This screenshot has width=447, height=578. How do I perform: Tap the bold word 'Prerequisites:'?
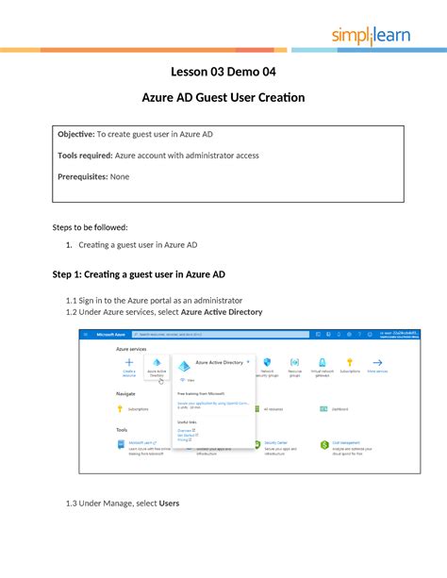82,175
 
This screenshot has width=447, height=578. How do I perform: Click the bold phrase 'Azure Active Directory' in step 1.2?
222,311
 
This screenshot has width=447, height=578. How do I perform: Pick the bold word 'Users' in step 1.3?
170,503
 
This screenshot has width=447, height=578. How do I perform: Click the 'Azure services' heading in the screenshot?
130,349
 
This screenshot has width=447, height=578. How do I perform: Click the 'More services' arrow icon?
377,362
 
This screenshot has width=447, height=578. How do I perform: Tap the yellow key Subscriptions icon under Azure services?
350,362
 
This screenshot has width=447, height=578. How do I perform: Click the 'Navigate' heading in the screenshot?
125,393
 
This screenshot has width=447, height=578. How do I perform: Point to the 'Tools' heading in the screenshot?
122,428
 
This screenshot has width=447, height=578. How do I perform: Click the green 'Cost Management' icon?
324,444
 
